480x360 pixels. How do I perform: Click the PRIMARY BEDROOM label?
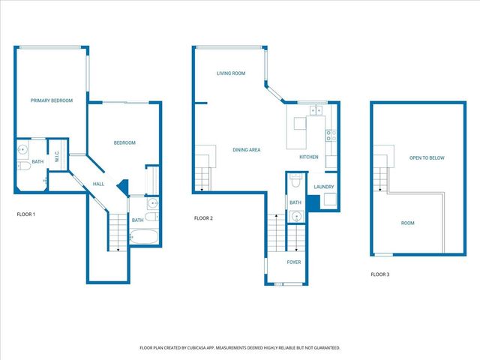[x=51, y=100]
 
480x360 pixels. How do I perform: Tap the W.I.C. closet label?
[x=57, y=157]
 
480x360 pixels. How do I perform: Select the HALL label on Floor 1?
[x=98, y=184]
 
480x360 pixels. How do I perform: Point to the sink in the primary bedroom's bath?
[x=22, y=148]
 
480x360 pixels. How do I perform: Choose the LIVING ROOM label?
[x=232, y=73]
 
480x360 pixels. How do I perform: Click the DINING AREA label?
[x=246, y=150]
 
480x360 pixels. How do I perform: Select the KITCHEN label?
[x=309, y=157]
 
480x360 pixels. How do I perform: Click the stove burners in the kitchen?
[x=330, y=136]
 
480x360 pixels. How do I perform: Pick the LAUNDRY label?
[x=324, y=187]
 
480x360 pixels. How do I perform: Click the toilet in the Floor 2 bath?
[x=296, y=182]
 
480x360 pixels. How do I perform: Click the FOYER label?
[x=294, y=262]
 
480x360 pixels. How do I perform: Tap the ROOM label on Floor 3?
[x=407, y=223]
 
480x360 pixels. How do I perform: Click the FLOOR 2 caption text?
[x=203, y=218]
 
